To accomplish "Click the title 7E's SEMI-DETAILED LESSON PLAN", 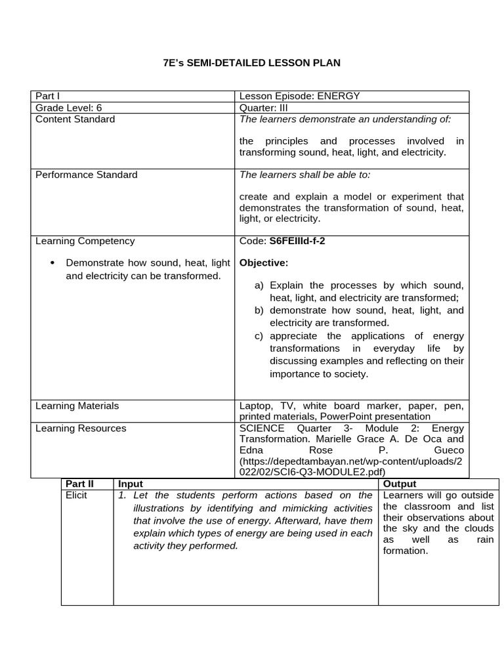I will pos(251,63).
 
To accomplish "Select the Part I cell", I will pos(47,96).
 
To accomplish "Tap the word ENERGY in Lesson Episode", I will pos(339,96).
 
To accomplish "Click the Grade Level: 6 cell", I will pos(69,108).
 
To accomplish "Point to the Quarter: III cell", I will pos(264,108).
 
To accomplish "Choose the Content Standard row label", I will pos(75,119).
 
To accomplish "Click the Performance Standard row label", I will pos(87,175).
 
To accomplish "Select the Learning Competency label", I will pos(85,241).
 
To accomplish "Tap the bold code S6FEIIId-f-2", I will pos(297,241).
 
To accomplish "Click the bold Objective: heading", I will pos(264,262).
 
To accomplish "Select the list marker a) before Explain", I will pos(259,285).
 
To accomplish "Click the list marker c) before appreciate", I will pos(259,336).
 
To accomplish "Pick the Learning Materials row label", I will pos(77,406).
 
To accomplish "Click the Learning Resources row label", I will pos(81,429).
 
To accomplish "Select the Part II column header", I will pos(80,484).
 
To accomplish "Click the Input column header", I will pos(130,484).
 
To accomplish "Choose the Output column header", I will pos(400,484).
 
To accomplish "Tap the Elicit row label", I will pos(76,495).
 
